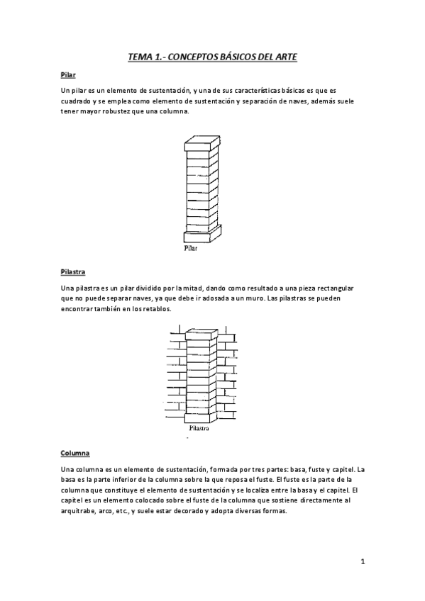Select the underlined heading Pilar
coord(69,74)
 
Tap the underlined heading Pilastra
coord(74,271)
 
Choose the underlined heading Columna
coord(77,452)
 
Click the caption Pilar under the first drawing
coord(190,249)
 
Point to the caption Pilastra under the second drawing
coord(199,429)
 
